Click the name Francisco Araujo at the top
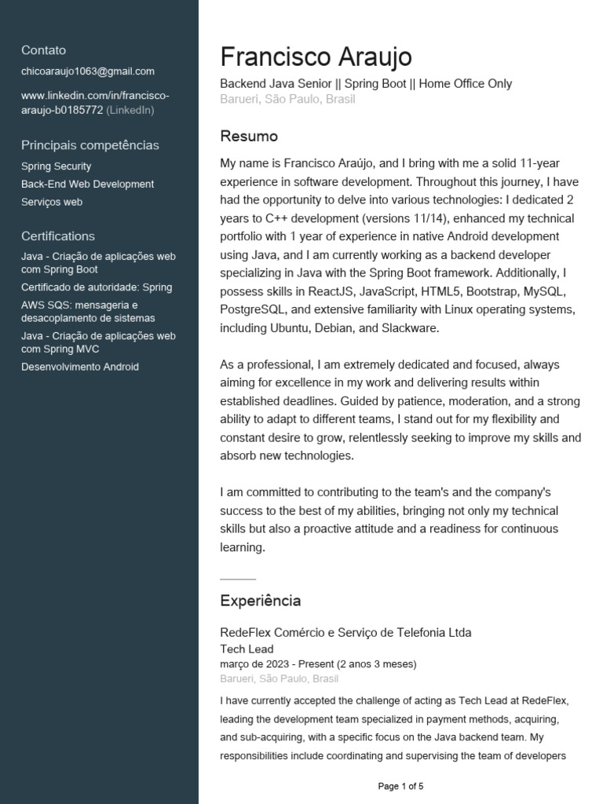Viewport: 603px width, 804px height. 316,57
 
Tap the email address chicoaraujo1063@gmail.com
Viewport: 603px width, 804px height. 88,71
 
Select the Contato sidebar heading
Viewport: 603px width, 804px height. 44,49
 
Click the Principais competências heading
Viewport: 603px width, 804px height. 90,145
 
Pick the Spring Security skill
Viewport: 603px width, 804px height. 57,166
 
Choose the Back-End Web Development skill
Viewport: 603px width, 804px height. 88,185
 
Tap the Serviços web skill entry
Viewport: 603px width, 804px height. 52,203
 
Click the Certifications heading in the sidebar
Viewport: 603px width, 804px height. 58,236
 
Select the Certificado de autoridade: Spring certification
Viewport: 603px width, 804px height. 97,287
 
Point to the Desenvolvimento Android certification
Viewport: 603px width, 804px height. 80,367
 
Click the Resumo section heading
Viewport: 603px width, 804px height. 249,137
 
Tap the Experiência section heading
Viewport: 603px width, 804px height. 260,601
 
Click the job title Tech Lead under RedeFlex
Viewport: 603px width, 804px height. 247,649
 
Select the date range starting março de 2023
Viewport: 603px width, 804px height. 318,664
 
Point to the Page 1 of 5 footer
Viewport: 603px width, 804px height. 400,786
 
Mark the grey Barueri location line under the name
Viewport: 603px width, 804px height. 287,100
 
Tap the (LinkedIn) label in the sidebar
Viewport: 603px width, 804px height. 130,110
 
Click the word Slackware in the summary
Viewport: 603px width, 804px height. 411,328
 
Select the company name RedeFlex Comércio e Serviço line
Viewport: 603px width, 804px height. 345,633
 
